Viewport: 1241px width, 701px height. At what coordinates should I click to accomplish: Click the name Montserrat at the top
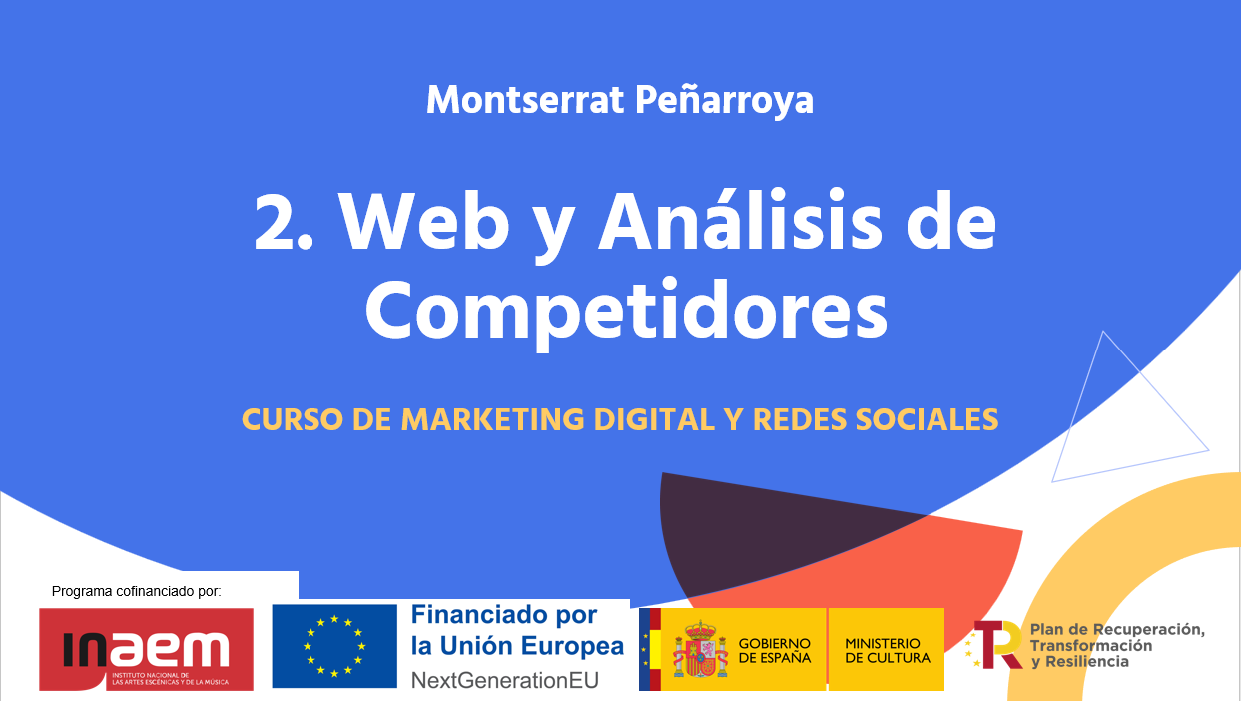click(x=525, y=100)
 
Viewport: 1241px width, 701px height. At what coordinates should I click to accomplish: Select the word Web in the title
click(x=424, y=222)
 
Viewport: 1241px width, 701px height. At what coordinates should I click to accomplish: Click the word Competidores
click(x=626, y=311)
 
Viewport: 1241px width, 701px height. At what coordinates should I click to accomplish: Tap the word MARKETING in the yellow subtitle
click(x=492, y=419)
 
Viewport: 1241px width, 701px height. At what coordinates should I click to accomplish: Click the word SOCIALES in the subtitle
click(x=927, y=419)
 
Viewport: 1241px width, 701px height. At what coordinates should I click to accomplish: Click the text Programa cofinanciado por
click(x=137, y=592)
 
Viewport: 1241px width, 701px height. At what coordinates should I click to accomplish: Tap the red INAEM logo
click(x=146, y=649)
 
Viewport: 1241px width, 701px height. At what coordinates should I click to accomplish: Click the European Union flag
click(x=334, y=646)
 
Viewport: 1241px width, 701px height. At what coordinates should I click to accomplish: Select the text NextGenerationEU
click(x=505, y=680)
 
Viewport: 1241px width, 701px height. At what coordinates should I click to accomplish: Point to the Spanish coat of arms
click(x=700, y=649)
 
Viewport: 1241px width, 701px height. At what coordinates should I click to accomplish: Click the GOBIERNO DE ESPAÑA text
click(x=774, y=651)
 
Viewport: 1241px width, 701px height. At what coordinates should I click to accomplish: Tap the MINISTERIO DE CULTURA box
click(x=887, y=649)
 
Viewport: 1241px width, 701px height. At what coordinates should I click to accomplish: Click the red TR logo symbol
click(x=997, y=644)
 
